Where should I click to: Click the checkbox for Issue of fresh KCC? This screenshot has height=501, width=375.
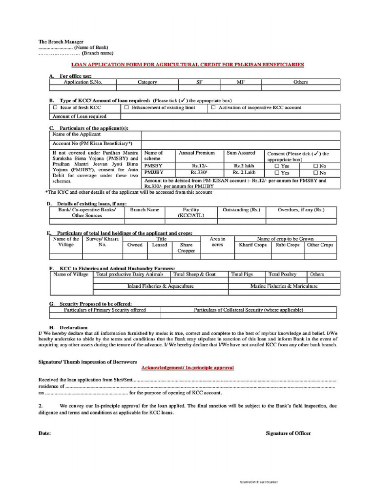pos(55,107)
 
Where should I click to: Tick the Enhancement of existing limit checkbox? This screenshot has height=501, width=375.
pos(126,107)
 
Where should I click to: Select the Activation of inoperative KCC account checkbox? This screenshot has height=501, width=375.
pos(213,107)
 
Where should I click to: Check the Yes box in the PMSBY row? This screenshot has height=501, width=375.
pos(277,166)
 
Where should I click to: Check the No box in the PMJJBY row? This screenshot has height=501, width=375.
pos(315,173)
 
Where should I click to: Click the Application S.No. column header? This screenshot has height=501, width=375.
pos(83,82)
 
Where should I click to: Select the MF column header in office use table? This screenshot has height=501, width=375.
pos(240,82)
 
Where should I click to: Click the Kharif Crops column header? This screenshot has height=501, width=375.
pos(252,245)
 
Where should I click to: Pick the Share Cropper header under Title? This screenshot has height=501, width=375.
pos(186,248)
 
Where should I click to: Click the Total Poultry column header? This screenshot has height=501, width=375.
pos(285,274)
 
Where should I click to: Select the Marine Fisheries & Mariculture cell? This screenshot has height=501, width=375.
pos(284,286)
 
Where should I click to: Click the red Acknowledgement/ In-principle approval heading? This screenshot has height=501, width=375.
pos(187,367)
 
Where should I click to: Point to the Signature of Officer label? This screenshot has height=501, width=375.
pos(288,433)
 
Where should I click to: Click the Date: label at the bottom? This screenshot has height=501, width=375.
pos(44,433)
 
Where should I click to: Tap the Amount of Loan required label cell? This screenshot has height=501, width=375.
pos(79,116)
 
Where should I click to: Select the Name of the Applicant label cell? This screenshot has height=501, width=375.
pos(76,134)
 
